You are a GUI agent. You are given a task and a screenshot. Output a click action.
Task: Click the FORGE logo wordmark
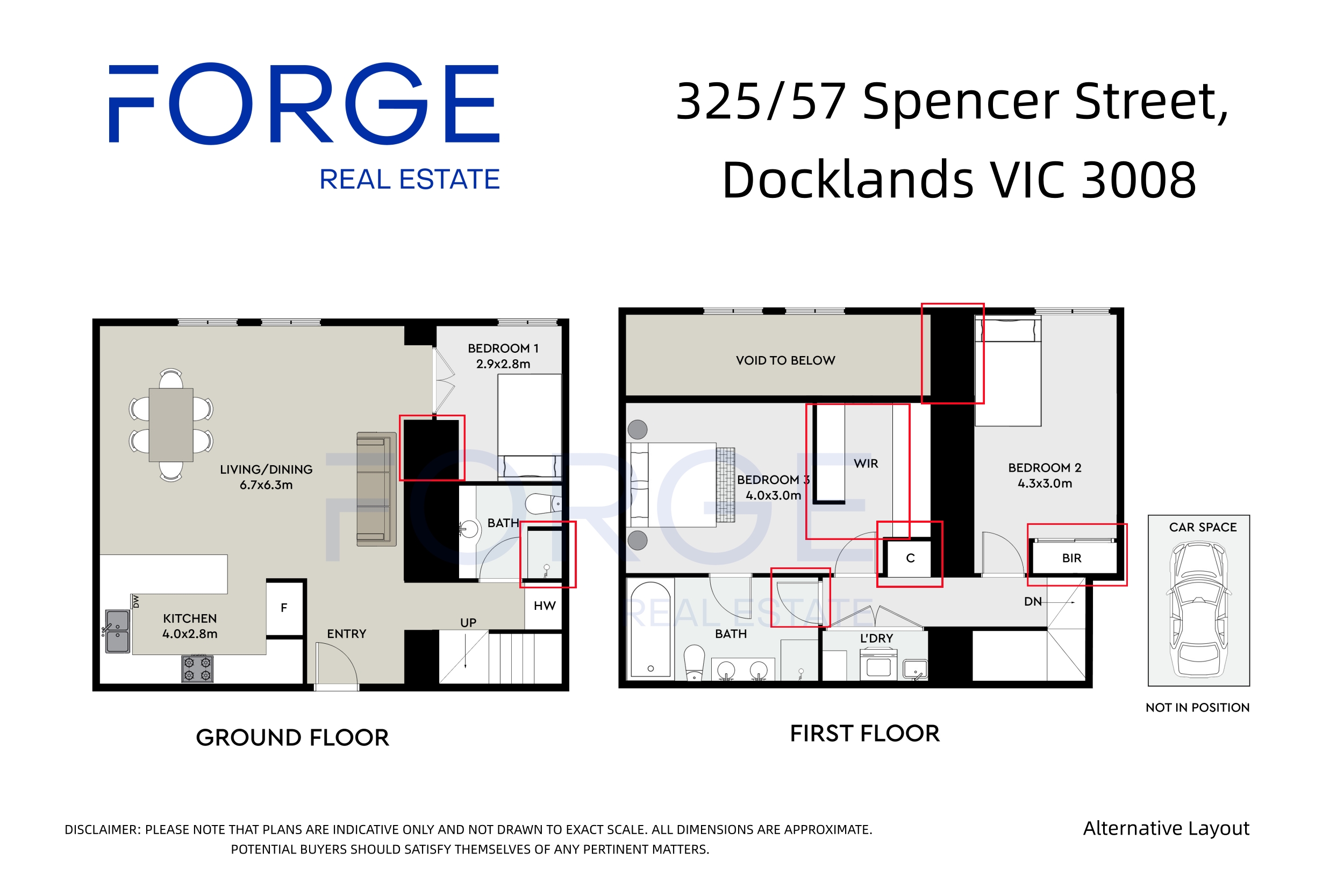point(304,103)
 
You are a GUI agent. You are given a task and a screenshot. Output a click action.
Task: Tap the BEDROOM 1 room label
point(503,348)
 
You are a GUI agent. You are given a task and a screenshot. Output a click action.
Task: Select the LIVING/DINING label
point(266,469)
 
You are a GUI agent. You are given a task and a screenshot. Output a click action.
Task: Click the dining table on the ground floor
point(171,424)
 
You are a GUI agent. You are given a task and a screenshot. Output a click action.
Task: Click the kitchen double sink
point(117,631)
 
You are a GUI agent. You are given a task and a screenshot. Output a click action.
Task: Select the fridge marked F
point(284,608)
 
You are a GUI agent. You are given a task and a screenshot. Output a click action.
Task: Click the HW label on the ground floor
point(545,606)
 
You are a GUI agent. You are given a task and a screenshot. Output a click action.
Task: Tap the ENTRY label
point(346,634)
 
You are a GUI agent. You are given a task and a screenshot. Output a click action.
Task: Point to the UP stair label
point(468,623)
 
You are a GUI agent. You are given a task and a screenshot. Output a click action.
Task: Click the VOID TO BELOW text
point(785,360)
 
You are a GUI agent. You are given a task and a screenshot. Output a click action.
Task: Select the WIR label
point(866,464)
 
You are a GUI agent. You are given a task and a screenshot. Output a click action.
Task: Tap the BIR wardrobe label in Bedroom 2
point(1071,558)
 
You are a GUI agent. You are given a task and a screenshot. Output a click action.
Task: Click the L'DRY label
point(876,638)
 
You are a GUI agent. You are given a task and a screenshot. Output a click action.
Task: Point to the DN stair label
point(1033,602)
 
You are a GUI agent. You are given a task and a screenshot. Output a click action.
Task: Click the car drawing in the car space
point(1198,609)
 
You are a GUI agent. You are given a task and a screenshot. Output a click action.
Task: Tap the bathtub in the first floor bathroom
point(650,629)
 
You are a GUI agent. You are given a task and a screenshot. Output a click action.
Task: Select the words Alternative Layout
point(1166,829)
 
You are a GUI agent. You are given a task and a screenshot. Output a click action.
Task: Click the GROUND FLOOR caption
point(292,738)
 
